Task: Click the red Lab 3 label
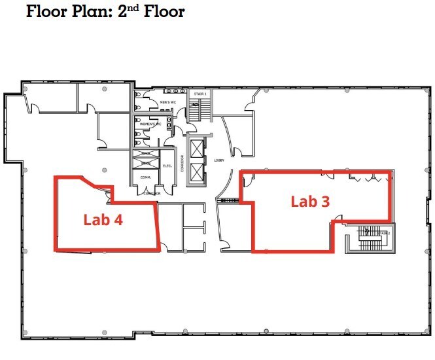(310, 202)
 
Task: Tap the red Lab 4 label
(103, 220)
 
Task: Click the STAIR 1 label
(200, 94)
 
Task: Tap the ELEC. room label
(166, 166)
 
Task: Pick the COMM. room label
(146, 177)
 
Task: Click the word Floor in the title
(51, 12)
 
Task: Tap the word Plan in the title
(99, 12)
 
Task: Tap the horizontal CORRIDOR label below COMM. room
(148, 194)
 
